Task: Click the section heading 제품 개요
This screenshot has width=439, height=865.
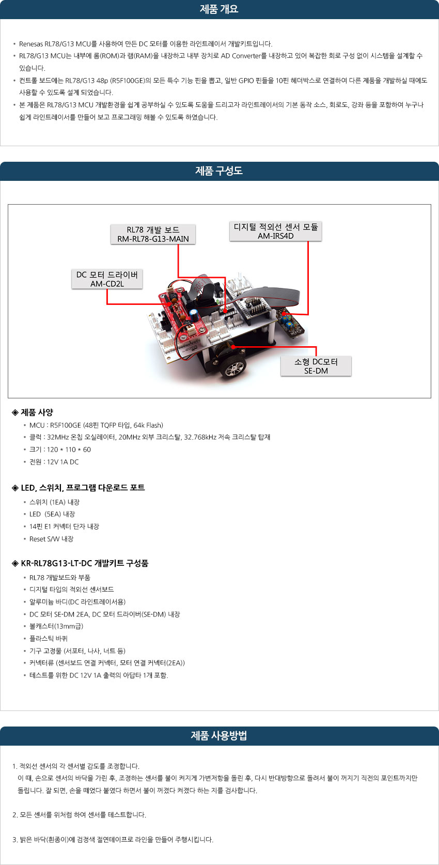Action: (x=219, y=9)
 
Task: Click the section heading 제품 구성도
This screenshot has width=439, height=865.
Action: (x=219, y=171)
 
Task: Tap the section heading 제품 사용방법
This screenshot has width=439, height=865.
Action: (x=219, y=736)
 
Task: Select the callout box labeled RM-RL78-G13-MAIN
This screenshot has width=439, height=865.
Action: (x=153, y=234)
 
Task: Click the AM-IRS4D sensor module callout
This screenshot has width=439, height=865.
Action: (x=276, y=231)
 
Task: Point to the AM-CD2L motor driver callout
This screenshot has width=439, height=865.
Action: (x=107, y=279)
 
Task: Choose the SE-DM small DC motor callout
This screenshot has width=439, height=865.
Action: (x=316, y=366)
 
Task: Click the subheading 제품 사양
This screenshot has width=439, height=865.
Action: (x=33, y=412)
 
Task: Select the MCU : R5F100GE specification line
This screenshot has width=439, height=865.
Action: (x=96, y=425)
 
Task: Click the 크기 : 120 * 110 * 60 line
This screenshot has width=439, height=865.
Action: (x=60, y=450)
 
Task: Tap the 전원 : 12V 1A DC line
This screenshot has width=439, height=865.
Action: (x=54, y=462)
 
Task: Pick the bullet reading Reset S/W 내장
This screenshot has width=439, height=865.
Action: (x=51, y=539)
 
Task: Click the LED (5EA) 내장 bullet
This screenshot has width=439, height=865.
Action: (x=52, y=514)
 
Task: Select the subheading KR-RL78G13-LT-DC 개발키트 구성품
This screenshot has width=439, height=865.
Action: (x=80, y=563)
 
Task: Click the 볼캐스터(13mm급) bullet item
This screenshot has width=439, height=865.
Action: (x=56, y=626)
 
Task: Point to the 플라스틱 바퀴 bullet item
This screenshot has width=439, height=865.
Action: (x=49, y=638)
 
